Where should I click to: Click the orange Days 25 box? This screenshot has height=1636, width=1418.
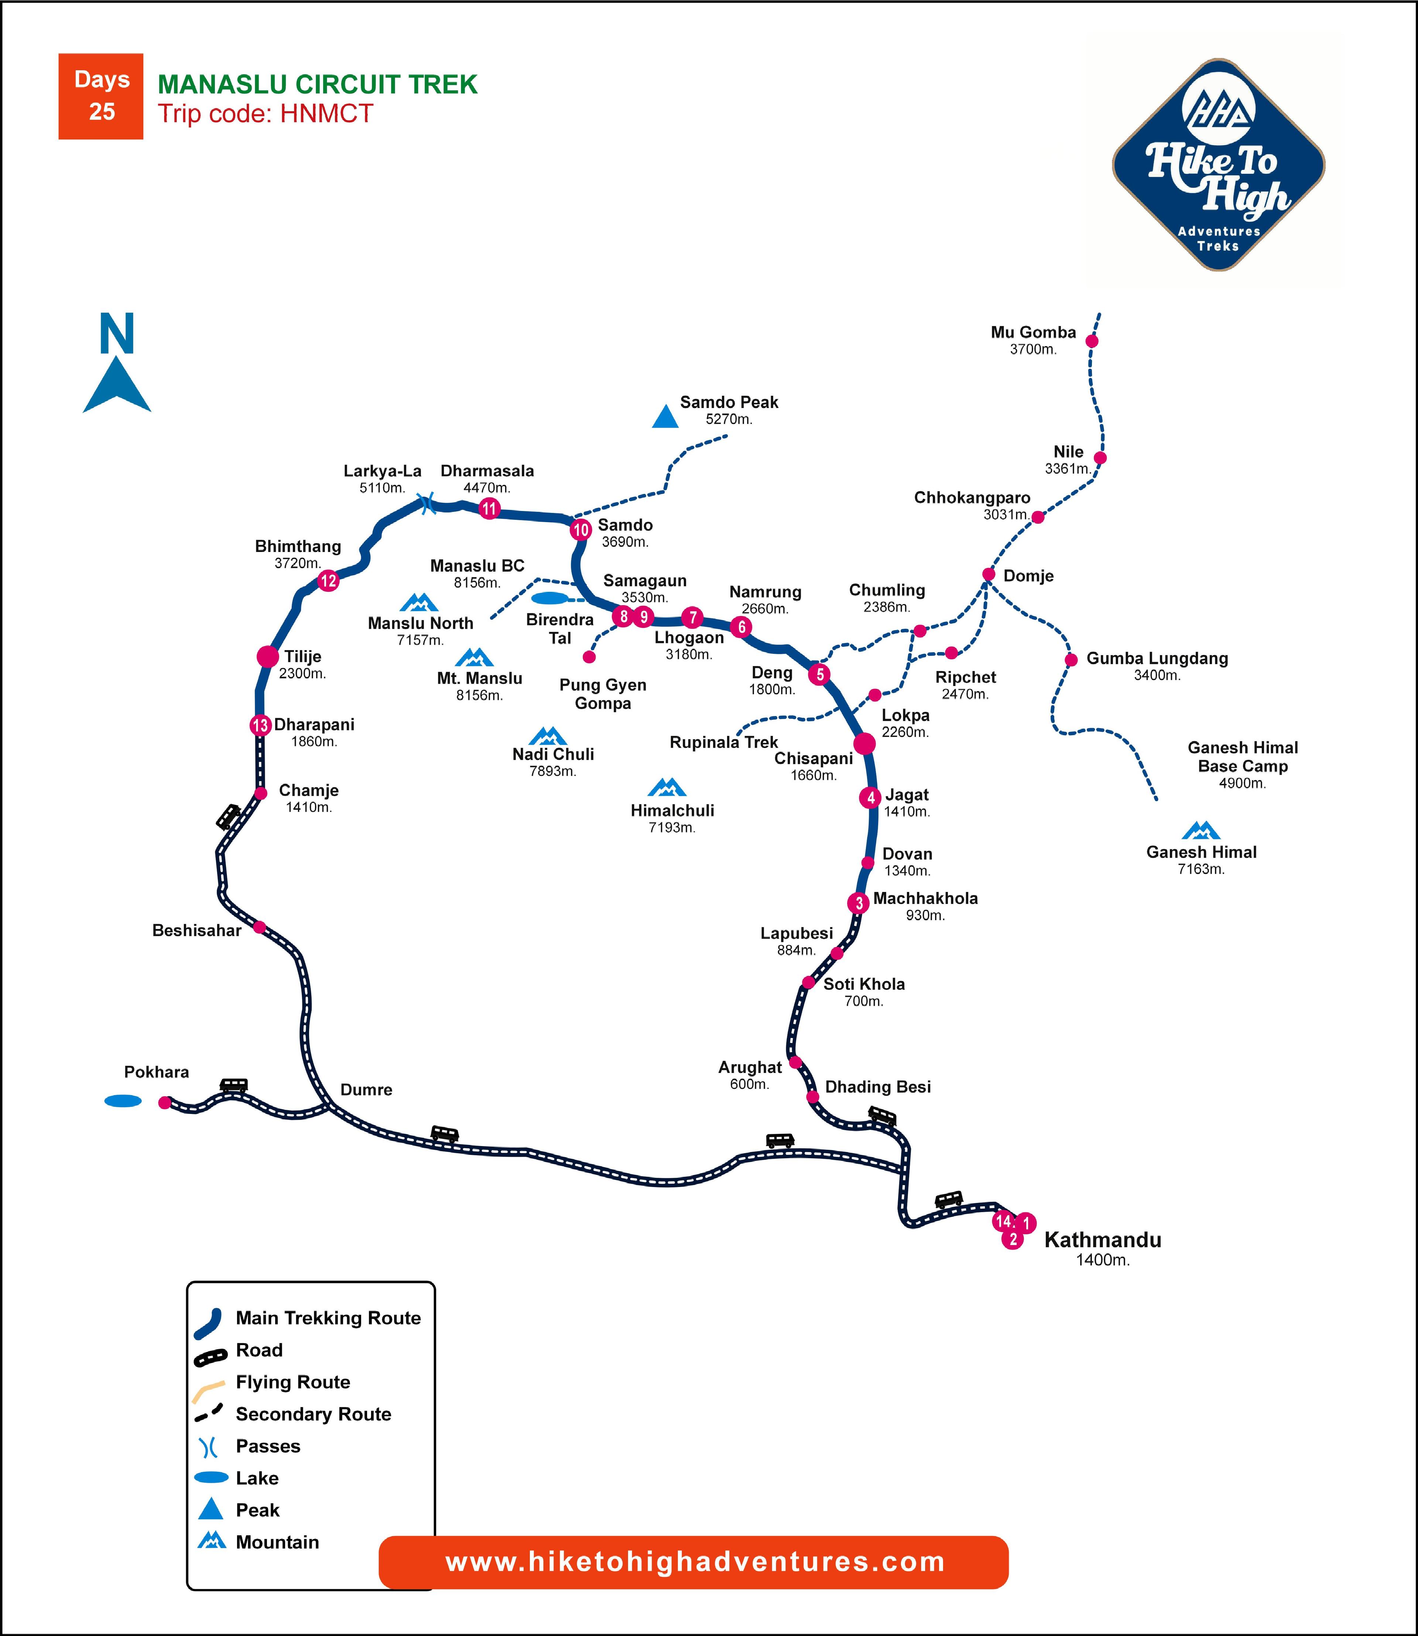click(100, 96)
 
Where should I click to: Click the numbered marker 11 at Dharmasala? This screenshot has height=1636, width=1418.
click(489, 509)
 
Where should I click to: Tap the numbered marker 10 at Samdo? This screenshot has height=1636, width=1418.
click(581, 530)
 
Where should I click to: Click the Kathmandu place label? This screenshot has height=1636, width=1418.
click(1102, 1240)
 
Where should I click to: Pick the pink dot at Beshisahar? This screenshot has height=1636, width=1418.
click(260, 927)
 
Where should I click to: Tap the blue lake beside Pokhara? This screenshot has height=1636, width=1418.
click(123, 1100)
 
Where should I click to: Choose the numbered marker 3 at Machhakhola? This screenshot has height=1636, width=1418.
click(859, 903)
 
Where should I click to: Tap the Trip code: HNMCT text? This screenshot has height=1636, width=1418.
click(265, 114)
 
